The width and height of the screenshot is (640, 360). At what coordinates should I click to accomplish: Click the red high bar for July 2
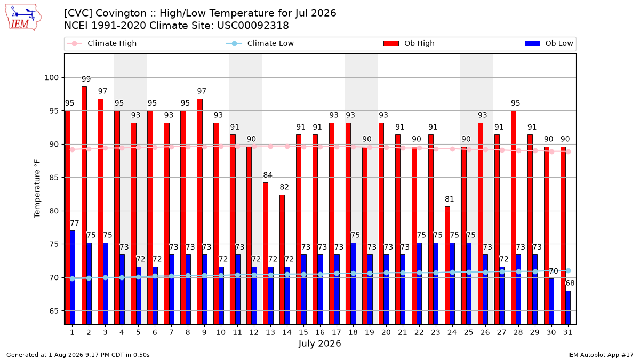(84, 205)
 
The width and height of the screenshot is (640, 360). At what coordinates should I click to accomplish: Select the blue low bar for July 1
(73, 277)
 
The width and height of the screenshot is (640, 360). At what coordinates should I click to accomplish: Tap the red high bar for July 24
(447, 266)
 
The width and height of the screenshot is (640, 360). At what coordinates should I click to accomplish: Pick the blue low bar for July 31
(568, 308)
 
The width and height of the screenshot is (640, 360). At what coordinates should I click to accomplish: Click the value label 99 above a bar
(86, 79)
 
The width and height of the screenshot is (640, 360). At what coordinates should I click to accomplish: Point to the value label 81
(450, 199)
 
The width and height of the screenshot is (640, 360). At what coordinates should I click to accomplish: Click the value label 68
(570, 283)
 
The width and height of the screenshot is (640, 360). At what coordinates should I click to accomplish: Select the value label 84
(268, 175)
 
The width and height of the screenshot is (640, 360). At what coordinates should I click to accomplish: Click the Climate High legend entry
(102, 43)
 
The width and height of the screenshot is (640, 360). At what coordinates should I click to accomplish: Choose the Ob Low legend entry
(549, 43)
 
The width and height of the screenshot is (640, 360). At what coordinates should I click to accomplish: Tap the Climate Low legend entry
(260, 43)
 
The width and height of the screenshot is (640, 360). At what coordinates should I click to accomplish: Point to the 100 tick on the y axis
(51, 78)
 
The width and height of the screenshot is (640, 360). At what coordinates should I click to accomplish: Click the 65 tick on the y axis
(54, 311)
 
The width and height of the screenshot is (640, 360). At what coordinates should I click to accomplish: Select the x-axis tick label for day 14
(287, 332)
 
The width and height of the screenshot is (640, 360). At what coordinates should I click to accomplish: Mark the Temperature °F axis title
(37, 189)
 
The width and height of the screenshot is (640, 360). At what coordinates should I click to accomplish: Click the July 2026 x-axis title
(319, 343)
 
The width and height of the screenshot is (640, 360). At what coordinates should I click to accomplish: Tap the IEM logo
(23, 18)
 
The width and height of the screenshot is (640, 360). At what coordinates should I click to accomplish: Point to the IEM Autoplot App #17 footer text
(601, 355)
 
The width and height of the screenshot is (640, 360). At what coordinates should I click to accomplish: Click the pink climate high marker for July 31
(569, 151)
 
